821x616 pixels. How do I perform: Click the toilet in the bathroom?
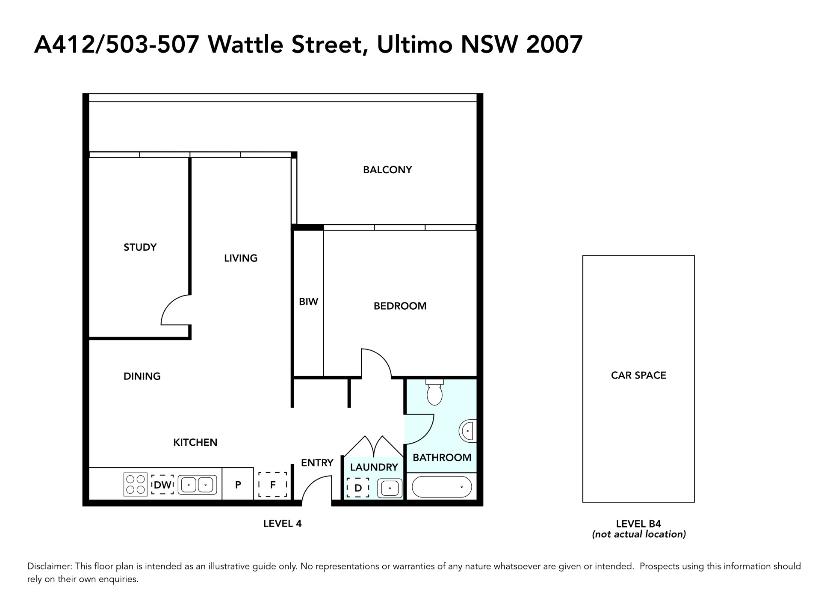tap(434, 392)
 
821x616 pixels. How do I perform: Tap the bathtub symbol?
tap(442, 487)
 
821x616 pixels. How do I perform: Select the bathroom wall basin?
tap(468, 431)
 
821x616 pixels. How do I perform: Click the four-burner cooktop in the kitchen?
tap(136, 484)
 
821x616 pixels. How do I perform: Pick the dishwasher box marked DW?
tap(162, 485)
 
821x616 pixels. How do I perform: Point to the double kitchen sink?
tap(198, 485)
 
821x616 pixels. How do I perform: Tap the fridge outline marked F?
tap(273, 484)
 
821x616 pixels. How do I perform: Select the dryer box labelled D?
tap(358, 488)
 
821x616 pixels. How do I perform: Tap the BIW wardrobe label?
tap(308, 302)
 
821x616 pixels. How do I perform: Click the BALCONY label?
tap(387, 170)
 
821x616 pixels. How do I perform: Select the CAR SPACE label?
tap(638, 375)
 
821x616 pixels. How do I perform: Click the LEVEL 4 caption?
tap(283, 523)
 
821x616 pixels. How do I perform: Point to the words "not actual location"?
tap(639, 534)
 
